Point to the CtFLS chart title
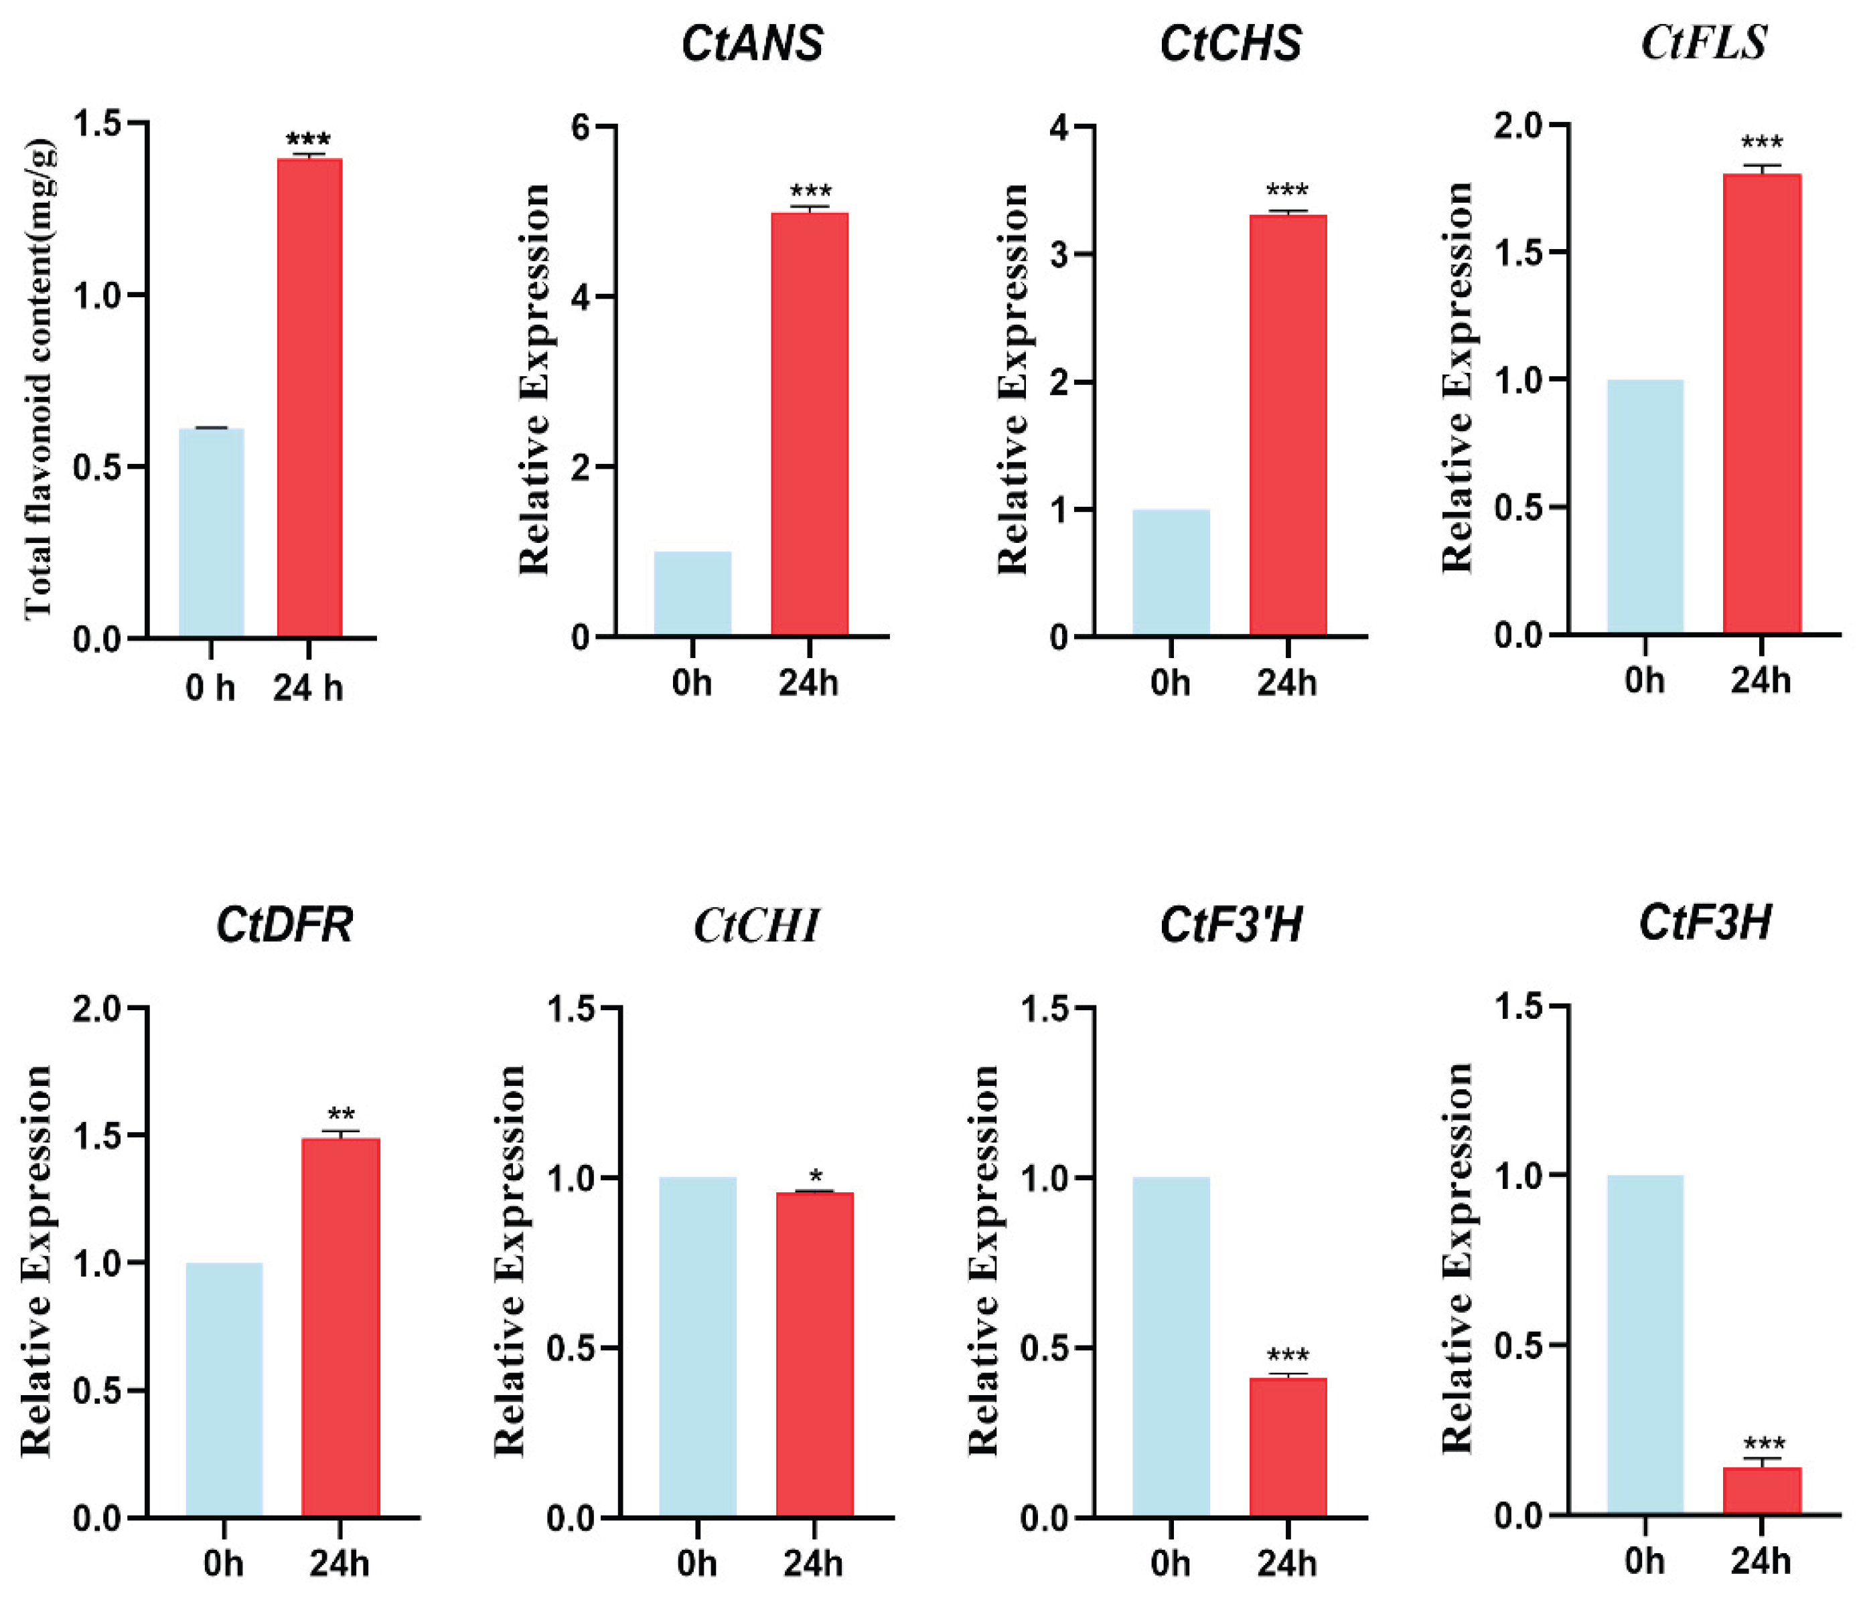click(1704, 42)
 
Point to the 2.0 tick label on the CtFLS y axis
click(1516, 126)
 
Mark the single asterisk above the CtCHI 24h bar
click(816, 1176)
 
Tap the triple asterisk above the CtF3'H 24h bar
click(1288, 1356)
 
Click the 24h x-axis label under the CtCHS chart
click(1287, 684)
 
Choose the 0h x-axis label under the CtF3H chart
click(1645, 1563)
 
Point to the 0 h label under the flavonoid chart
click(210, 689)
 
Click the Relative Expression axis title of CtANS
click(535, 379)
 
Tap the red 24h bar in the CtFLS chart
click(1761, 404)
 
